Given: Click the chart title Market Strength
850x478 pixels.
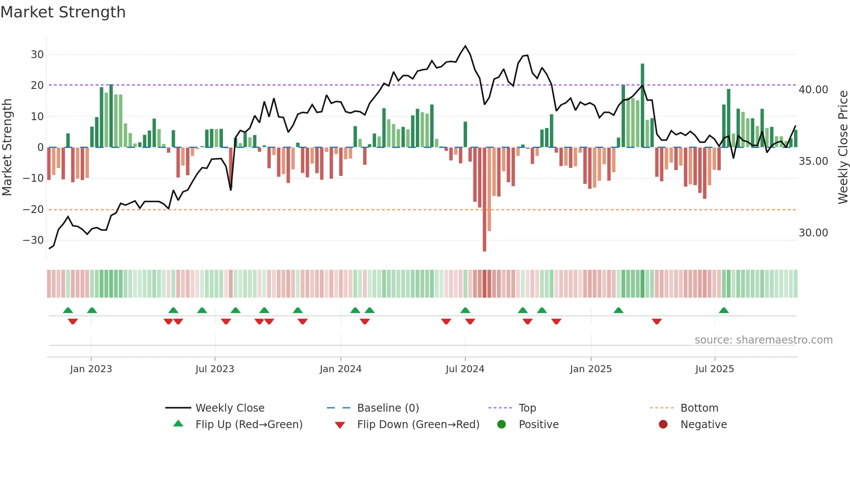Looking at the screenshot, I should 63,12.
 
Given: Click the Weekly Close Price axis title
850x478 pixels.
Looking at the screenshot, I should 843,147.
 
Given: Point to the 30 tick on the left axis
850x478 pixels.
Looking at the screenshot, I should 37,55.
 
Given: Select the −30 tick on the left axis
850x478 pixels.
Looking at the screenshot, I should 33,240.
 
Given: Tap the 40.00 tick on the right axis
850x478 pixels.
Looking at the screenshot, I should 813,90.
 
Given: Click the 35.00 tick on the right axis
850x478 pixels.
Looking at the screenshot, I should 813,161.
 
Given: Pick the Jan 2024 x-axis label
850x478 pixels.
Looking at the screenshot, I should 340,369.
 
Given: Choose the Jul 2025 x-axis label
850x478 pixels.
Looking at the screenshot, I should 714,369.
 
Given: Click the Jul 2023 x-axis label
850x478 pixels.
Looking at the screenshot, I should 215,369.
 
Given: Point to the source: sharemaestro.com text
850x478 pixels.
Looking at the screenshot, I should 763,340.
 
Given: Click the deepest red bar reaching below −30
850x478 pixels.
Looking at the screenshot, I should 484,200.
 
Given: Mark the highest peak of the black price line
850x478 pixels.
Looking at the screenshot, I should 465,46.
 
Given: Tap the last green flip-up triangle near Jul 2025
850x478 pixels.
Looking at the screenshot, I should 724,311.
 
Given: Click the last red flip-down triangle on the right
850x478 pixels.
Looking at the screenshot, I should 657,321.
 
